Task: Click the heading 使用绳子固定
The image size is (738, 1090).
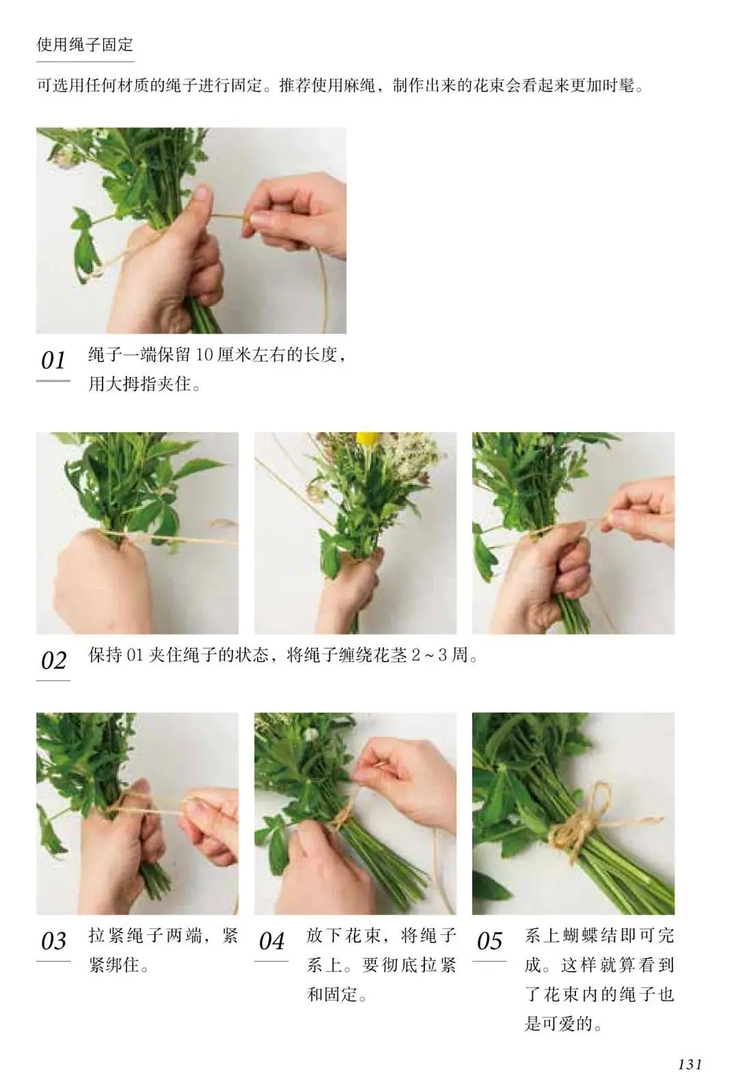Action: click(85, 45)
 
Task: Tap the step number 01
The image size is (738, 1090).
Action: click(53, 361)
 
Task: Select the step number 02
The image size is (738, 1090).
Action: click(53, 660)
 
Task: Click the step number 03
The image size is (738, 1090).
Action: click(53, 941)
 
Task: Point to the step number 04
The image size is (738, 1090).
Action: click(271, 941)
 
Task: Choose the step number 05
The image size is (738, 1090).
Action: click(489, 941)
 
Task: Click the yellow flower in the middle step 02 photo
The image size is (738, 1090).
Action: click(365, 438)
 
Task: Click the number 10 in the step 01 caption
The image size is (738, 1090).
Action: click(204, 355)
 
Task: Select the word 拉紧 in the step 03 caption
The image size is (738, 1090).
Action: click(106, 935)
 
